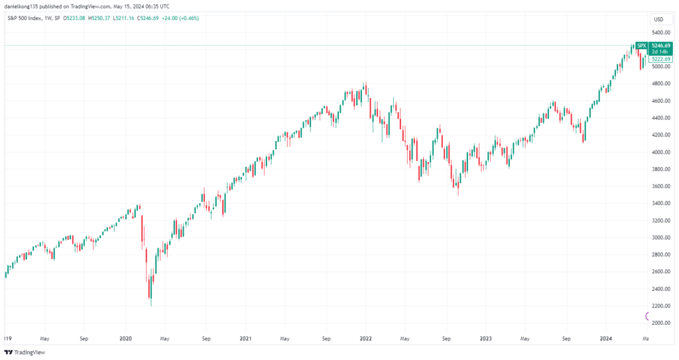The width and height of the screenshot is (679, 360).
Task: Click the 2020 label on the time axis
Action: tap(125, 338)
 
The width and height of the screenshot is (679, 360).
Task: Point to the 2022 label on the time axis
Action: tap(365, 338)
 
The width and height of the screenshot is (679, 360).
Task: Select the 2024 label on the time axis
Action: tap(605, 338)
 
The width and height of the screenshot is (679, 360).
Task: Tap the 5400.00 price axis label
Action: tap(661, 32)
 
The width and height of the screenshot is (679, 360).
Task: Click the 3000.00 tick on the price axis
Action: tap(661, 237)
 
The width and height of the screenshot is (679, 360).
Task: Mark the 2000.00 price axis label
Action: tap(661, 323)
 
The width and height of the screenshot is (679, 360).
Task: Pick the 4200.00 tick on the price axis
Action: tap(661, 135)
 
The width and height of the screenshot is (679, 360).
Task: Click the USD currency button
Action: tap(658, 19)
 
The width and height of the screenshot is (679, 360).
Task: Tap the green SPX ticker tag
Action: tap(641, 45)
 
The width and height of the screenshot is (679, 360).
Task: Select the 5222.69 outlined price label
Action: tap(660, 59)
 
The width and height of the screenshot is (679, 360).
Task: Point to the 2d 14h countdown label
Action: tap(660, 52)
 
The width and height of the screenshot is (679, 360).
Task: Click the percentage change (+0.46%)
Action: tap(188, 18)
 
